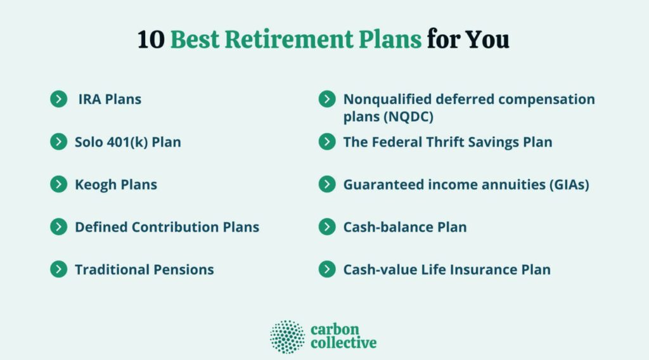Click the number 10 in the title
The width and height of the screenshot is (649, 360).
pos(151,40)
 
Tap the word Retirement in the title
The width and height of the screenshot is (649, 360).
pos(289,40)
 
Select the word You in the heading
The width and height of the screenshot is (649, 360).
pos(487,40)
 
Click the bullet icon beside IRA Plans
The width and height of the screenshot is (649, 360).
pos(59,100)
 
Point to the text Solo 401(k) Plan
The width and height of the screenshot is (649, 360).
pos(128,143)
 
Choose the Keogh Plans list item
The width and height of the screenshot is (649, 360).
pos(116,184)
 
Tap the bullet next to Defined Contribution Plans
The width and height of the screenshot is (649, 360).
pos(59,227)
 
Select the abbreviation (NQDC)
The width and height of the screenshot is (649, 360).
pos(408,117)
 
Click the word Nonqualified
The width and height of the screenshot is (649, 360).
pos(387,100)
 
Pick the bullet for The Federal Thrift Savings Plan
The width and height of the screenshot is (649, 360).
pos(327,142)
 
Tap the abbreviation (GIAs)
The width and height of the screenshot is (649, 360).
pos(569,184)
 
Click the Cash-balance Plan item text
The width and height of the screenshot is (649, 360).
pos(405,227)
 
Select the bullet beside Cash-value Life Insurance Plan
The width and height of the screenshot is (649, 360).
pos(327,269)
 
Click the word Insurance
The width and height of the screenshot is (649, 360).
pos(483,270)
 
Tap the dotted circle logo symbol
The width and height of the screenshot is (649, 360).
pos(287,337)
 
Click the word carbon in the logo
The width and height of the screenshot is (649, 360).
pos(335,330)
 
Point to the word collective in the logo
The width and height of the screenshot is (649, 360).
pos(344,343)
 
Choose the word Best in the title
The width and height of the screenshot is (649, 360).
pos(195,40)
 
